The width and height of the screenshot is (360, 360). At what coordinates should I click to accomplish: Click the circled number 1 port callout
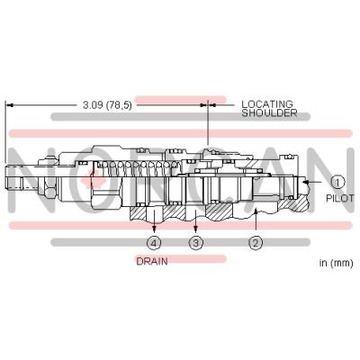[338, 182]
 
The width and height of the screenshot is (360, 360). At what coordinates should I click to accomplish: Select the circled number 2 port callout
[256, 243]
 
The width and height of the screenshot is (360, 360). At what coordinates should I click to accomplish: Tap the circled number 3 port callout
[196, 243]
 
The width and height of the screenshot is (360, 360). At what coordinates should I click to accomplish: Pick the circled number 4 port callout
[154, 243]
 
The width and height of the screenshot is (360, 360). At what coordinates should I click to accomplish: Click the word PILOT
[340, 198]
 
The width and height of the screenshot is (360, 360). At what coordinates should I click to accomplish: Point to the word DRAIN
[152, 261]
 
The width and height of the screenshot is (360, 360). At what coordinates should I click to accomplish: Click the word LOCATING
[267, 104]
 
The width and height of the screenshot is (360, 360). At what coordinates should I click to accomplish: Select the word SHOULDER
[269, 112]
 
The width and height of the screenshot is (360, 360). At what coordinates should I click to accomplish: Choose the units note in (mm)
[337, 263]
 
